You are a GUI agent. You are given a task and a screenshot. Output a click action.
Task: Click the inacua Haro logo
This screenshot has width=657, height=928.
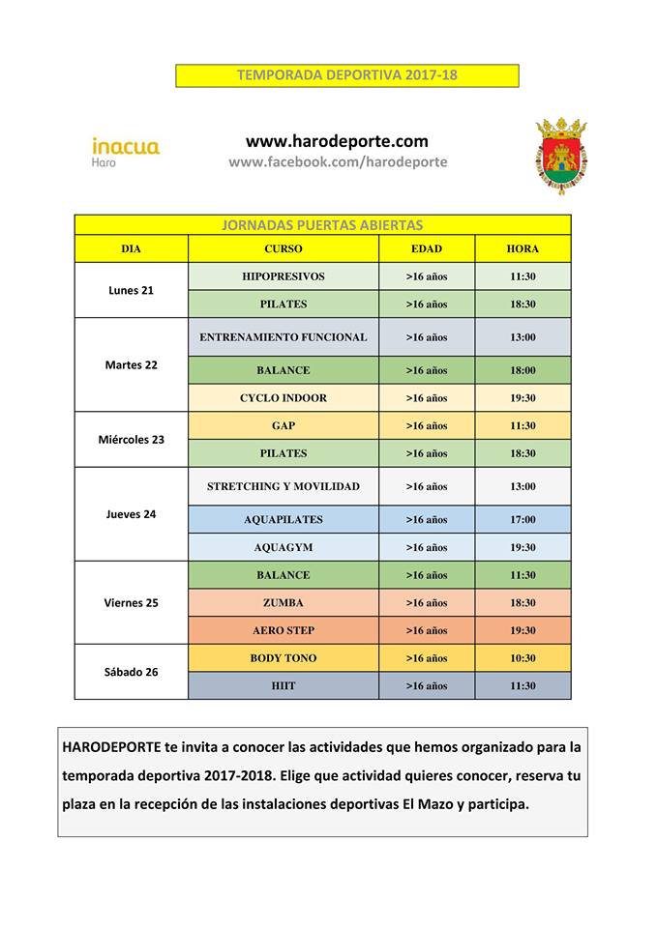coord(126,152)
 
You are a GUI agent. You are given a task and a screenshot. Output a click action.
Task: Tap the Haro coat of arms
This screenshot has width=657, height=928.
coord(561,156)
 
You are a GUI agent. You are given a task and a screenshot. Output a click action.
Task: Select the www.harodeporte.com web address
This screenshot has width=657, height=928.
coord(337,141)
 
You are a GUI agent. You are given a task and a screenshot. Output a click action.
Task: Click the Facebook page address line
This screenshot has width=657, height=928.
coord(338,162)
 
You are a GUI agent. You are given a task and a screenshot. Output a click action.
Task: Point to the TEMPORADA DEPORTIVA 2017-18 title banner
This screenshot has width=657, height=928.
coord(347,75)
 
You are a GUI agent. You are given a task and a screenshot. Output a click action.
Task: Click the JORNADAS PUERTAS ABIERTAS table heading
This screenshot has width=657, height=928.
coord(323,225)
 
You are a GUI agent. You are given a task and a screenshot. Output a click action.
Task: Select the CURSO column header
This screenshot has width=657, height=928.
coord(284,248)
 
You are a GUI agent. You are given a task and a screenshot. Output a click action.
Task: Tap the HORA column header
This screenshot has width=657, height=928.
coord(523,248)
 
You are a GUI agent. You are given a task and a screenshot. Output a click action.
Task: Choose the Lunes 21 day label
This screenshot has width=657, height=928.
coord(131,290)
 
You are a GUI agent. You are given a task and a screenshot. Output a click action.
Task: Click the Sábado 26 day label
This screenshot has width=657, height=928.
coord(131,672)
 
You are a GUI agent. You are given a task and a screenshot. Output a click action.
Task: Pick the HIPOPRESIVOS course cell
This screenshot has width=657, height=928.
coord(284,276)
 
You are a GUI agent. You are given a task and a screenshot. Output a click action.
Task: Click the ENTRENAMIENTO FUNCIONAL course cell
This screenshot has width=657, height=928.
coord(284,337)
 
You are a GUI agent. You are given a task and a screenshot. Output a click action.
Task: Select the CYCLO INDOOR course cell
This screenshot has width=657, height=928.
coord(284,397)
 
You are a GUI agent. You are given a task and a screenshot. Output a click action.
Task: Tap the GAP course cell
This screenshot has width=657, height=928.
coord(284,425)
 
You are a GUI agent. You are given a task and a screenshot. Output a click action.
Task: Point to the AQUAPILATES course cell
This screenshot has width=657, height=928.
coord(284,519)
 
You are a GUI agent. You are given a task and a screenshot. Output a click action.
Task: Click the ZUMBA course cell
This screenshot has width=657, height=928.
coord(284,602)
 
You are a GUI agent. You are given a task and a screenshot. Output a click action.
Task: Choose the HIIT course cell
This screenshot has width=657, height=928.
coord(284,685)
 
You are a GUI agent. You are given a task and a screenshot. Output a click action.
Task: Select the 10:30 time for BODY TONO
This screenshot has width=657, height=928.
coord(523,658)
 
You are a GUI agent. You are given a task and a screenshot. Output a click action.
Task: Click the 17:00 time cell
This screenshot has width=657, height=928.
coord(523,519)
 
